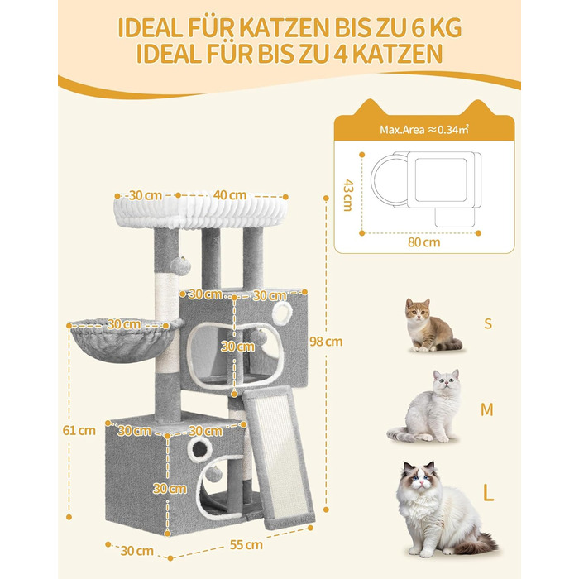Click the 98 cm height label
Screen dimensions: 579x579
click(326, 342)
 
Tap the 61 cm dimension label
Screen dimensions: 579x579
click(79, 430)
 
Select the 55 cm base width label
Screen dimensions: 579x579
click(246, 544)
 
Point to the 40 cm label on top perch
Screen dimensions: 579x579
click(230, 195)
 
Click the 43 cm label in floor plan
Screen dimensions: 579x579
click(348, 195)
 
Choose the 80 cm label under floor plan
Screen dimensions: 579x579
click(423, 242)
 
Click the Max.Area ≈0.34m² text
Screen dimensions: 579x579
click(424, 130)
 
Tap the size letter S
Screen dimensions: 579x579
click(488, 323)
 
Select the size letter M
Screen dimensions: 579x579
click(487, 409)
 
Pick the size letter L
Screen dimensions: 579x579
click(488, 492)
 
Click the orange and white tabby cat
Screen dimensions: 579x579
click(431, 325)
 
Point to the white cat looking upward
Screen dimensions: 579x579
click(424, 406)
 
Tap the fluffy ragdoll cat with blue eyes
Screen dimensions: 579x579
click(443, 510)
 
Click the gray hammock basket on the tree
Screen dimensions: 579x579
click(124, 342)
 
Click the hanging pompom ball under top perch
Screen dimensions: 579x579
click(180, 266)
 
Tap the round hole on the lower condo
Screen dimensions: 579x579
click(200, 449)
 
